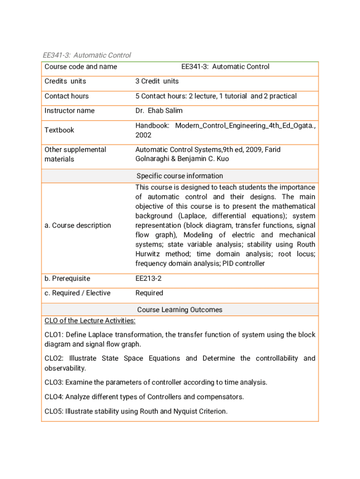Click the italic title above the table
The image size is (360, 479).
coord(87,55)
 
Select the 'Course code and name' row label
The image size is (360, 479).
coord(80,67)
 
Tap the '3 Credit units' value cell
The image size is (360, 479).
coord(157,81)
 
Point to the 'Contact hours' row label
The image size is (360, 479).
coord(66,96)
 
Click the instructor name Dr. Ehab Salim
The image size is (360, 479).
coord(159,111)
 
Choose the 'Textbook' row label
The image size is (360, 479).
coord(59,130)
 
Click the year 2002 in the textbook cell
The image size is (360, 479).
coord(144,135)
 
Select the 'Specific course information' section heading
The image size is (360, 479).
coord(180,176)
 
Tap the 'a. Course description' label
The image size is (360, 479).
coord(78,225)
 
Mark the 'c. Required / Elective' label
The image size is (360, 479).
coord(78,293)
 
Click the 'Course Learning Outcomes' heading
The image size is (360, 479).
coord(180,310)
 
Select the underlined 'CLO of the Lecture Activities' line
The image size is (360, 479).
coord(90,321)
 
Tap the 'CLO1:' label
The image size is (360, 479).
coord(54,335)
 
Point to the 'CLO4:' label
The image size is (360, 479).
coord(54,397)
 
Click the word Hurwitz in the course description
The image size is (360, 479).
coord(150,254)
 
